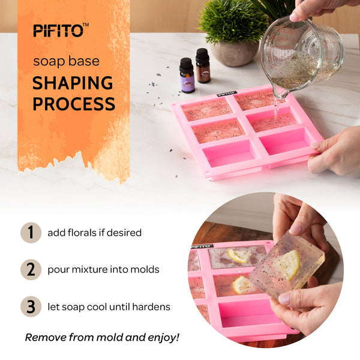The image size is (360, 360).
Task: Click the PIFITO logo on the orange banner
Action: point(61,30)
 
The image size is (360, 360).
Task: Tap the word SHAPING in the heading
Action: point(73,83)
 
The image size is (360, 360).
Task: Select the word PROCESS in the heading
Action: point(74,104)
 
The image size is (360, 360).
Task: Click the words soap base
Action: point(67,61)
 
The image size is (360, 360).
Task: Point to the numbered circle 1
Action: point(31,233)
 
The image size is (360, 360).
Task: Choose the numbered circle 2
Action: point(31,269)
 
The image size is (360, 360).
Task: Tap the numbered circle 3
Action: point(31,307)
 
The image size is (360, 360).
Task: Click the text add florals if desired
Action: point(94,233)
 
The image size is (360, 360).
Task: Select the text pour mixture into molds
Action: point(103,270)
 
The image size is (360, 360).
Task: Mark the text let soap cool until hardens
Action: point(109,307)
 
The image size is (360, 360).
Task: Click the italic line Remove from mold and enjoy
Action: point(102,337)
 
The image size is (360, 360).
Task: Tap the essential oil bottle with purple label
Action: point(187,76)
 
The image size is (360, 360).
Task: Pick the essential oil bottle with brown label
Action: point(203,65)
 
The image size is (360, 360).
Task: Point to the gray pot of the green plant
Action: point(235,54)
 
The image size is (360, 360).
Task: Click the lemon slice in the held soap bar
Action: point(287,265)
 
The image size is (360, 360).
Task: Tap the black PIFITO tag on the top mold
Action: point(227,94)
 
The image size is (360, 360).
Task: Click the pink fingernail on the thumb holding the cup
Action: point(294,17)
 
